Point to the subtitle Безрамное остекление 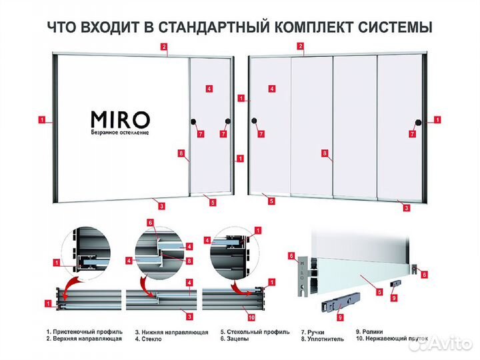(120, 133)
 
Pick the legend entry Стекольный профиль (256, 331)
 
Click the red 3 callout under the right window (407, 207)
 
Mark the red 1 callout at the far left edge (42, 121)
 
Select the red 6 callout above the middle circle (151, 222)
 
